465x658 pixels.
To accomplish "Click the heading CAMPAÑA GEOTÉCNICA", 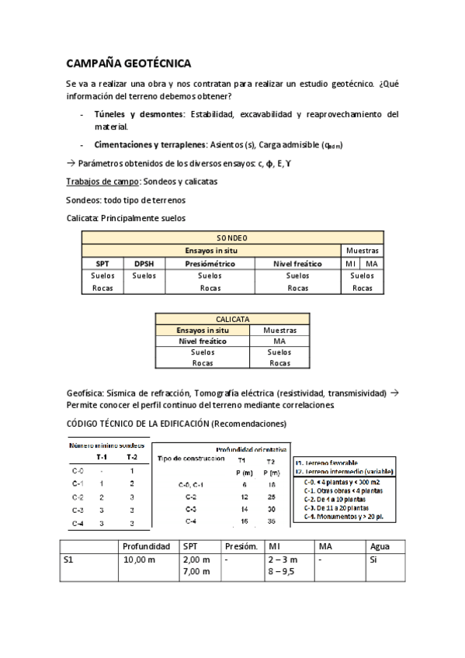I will tap(128, 64).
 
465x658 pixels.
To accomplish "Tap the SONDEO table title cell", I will tap(232, 238).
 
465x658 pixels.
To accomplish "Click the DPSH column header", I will tap(144, 264).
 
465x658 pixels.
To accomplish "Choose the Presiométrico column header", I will tap(210, 264).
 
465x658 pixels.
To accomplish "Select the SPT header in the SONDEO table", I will tap(102, 264).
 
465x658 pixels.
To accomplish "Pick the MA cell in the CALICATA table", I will tap(280, 341).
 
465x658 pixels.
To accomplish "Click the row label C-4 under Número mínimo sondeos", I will tap(78, 524).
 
